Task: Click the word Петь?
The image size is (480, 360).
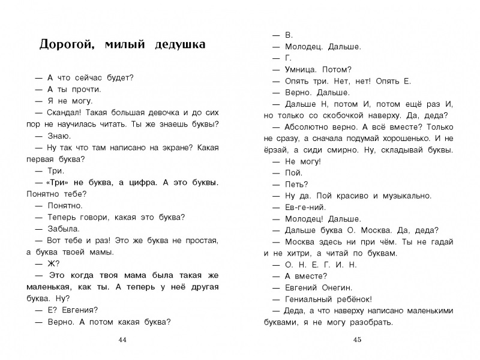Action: tap(296, 184)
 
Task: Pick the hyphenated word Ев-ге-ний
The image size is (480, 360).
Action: tap(303, 207)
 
